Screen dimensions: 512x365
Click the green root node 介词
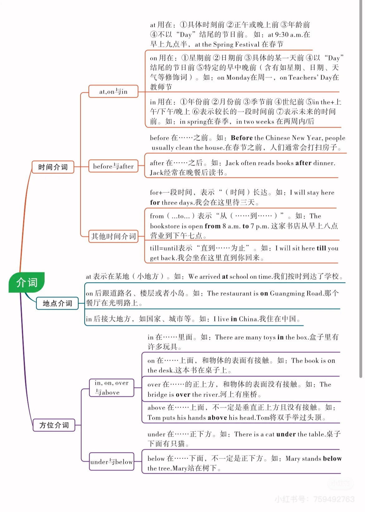27,283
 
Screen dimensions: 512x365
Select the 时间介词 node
53,167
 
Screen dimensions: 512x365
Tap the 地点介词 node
57,303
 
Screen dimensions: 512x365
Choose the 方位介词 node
54,425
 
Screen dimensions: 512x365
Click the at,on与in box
113,91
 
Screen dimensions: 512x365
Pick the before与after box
113,166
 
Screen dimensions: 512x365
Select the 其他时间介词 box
113,236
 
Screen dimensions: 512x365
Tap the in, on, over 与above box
111,388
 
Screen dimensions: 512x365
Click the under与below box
111,462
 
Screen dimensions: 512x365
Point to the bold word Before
242,138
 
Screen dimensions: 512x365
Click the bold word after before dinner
303,163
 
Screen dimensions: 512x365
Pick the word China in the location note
248,319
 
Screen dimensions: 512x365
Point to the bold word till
321,248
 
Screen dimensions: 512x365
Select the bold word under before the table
286,434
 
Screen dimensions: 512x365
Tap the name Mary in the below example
293,458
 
